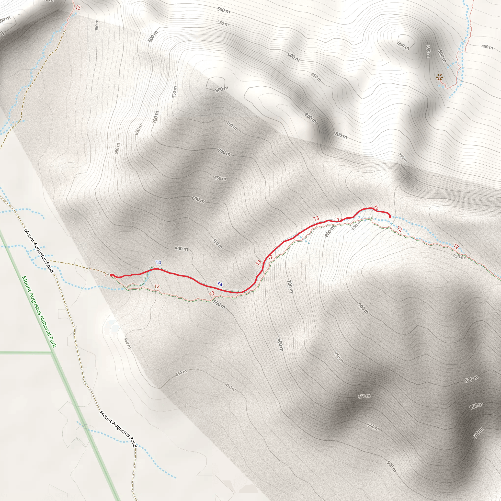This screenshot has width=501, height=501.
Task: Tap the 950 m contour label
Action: (459, 256)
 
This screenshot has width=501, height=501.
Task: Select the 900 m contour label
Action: (363, 308)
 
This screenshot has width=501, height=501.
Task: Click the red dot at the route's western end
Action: (111, 275)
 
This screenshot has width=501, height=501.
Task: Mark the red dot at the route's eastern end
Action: (390, 216)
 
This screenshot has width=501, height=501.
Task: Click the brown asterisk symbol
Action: (439, 77)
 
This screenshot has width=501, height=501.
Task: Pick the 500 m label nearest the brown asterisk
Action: (442, 56)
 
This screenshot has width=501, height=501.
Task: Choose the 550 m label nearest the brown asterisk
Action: (428, 52)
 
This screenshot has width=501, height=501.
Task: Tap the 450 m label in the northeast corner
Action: (487, 47)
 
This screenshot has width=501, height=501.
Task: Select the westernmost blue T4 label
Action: (158, 262)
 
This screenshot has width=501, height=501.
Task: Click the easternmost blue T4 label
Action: (220, 284)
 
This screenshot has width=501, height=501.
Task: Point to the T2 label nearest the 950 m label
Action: (456, 246)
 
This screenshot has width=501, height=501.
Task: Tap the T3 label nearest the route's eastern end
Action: (376, 208)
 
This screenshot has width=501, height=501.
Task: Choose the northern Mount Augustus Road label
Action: (39, 250)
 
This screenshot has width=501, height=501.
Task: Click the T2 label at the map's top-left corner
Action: (78, 8)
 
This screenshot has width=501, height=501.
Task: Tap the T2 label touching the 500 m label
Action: (212, 294)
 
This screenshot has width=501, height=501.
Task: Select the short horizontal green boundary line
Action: (26, 353)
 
